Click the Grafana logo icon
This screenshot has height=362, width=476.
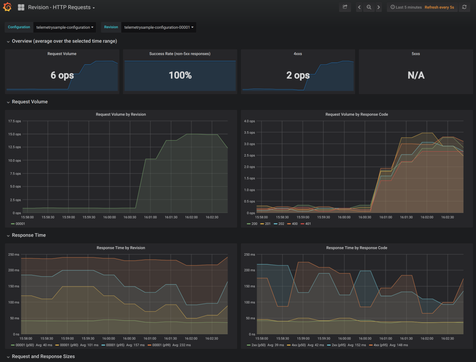pos(7,7)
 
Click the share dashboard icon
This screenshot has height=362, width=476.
pos(345,7)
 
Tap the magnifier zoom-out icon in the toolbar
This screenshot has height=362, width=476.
pos(369,7)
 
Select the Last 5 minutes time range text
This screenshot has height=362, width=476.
pos(408,7)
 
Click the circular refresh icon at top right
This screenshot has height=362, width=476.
pos(464,7)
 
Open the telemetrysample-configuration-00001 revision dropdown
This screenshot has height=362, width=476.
pos(159,27)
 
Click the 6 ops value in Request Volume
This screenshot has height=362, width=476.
pos(62,75)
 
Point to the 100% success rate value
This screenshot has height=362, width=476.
pos(180,75)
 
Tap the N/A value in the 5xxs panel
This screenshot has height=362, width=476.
pos(416,75)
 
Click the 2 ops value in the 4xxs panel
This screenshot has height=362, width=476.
pos(298,75)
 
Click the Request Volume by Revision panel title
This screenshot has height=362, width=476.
pos(121,114)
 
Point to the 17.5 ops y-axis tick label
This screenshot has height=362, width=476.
pos(14,121)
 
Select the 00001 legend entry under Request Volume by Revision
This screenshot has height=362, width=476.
pos(18,224)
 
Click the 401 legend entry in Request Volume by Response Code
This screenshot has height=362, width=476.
pos(306,224)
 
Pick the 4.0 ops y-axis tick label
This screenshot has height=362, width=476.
pos(249,121)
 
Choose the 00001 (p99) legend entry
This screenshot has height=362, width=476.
pos(169,345)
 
